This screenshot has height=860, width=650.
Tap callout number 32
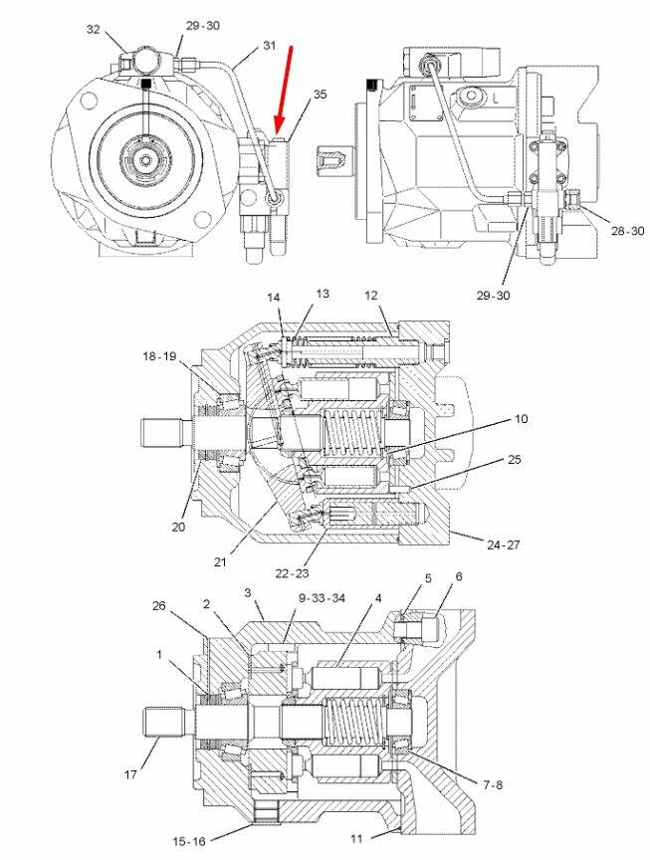tap(94, 30)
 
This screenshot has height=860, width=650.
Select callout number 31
tap(270, 46)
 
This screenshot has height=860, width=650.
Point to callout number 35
tap(320, 95)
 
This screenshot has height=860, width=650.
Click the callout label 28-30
tap(628, 231)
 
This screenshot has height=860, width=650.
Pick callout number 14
tap(274, 297)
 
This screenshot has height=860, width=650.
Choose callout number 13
tap(322, 294)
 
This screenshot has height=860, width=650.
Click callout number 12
tap(371, 295)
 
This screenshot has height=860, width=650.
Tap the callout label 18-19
tap(159, 355)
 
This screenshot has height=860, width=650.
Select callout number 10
tap(521, 419)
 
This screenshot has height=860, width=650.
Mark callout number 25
tap(515, 460)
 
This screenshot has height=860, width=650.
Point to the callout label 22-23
tap(293, 572)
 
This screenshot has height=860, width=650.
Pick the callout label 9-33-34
tap(323, 598)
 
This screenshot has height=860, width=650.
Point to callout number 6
tap(459, 577)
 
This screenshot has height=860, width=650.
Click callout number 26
tap(158, 605)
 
